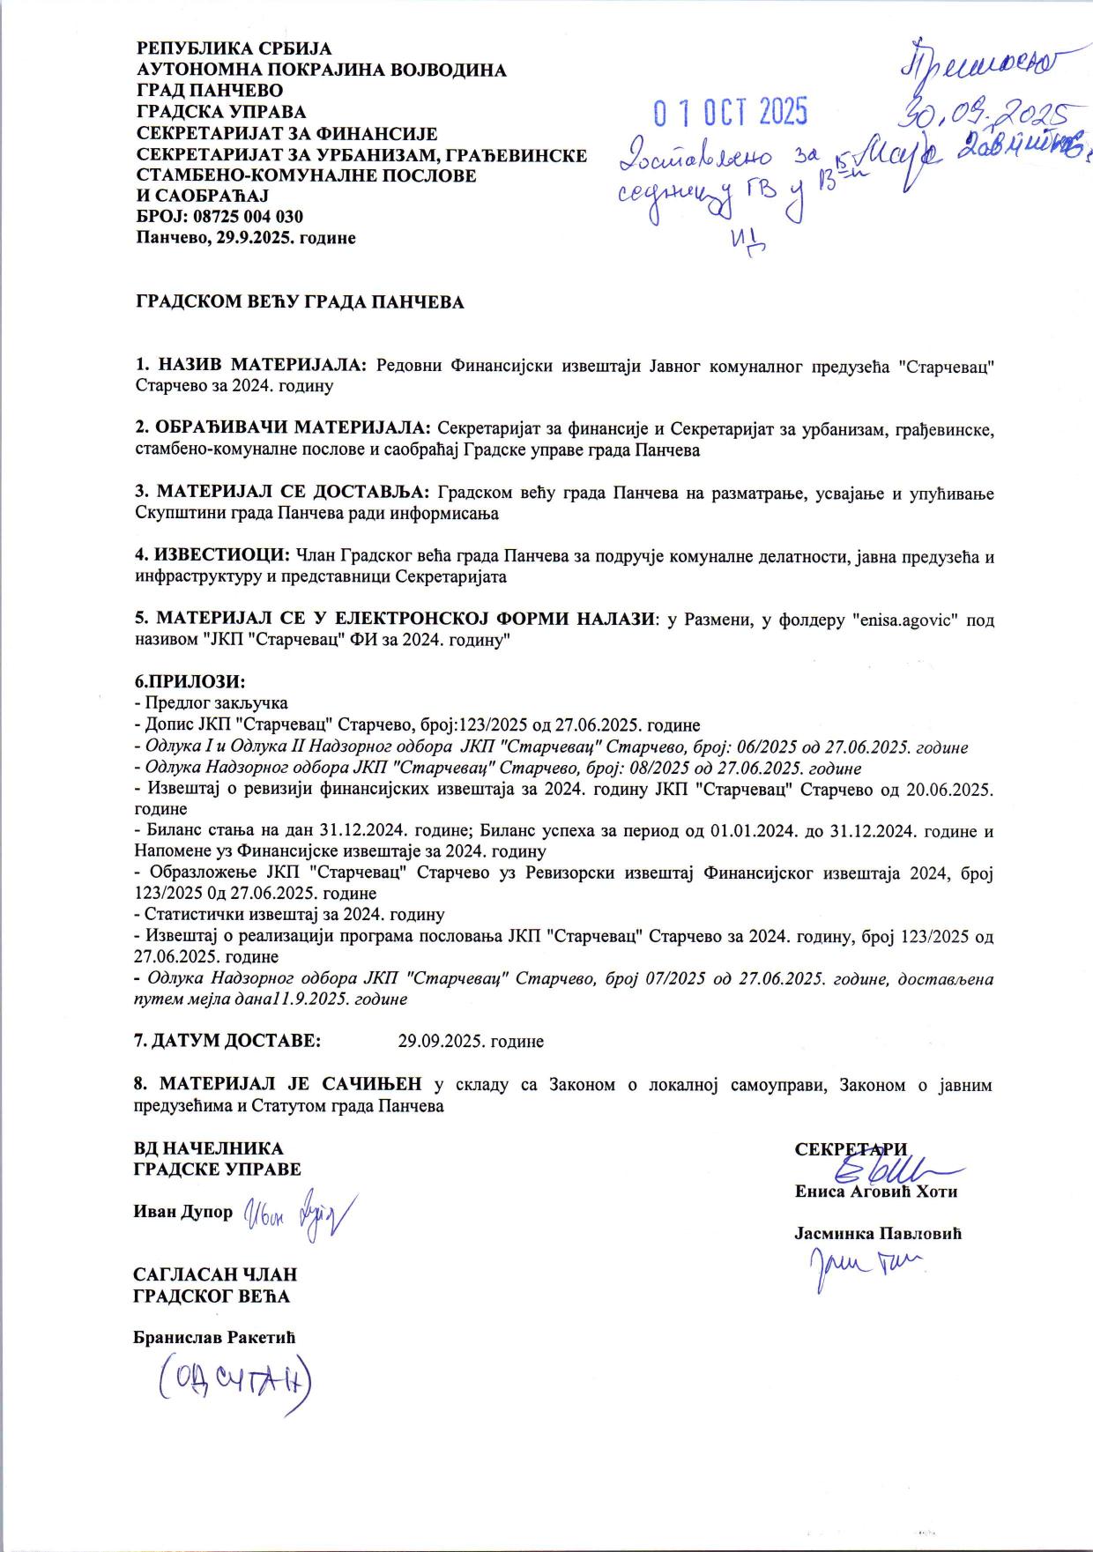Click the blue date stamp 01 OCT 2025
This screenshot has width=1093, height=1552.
pos(730,112)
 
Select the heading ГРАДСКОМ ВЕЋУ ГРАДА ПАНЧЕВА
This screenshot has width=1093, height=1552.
pos(299,302)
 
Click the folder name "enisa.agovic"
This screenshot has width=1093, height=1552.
pos(903,620)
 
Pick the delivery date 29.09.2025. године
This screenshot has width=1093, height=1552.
pos(471,1041)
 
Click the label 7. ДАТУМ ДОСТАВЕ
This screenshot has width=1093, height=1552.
pos(227,1041)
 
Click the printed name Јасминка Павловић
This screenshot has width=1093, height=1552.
pos(877,1234)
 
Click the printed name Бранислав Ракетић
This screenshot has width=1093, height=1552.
pos(214,1337)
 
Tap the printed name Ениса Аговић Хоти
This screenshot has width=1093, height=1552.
pos(875,1192)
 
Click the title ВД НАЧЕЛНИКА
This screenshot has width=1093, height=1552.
pos(208,1148)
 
